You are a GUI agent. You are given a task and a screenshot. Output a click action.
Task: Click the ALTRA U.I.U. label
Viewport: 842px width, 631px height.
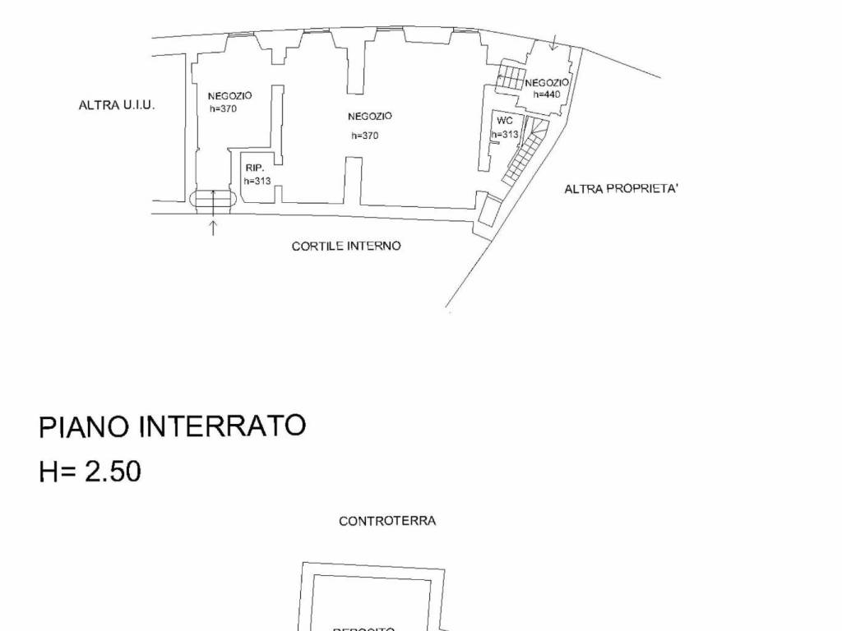click(117, 105)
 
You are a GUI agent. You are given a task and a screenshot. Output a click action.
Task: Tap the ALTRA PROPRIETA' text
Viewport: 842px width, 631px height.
click(621, 189)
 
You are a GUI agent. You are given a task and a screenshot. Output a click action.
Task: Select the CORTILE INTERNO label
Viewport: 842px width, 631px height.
click(346, 246)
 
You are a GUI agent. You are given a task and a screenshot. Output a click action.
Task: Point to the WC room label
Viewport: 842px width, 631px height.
click(504, 121)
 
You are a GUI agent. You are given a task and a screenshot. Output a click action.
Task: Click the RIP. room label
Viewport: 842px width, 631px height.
click(254, 168)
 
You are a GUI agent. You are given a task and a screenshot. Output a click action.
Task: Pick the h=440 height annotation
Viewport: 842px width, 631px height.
click(547, 94)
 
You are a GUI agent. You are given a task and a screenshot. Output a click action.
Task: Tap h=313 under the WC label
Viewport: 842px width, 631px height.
click(505, 134)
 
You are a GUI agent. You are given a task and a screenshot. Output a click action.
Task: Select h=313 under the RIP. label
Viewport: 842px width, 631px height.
click(257, 181)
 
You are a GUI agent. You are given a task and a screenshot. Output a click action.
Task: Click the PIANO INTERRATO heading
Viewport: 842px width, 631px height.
click(173, 426)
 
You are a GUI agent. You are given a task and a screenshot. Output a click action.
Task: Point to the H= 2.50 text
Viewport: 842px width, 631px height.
click(90, 472)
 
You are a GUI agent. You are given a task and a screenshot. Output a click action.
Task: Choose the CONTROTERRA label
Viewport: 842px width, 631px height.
click(387, 521)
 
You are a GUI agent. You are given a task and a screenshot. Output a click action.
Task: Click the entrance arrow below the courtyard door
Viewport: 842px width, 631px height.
click(213, 228)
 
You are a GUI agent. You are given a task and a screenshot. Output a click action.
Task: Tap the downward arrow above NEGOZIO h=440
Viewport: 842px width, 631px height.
click(553, 43)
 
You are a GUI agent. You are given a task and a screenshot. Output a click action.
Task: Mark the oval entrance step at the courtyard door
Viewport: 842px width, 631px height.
click(213, 199)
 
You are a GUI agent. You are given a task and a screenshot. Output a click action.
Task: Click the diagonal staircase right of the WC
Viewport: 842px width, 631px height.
click(525, 151)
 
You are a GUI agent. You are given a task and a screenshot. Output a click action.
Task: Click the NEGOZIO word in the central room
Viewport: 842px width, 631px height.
click(370, 116)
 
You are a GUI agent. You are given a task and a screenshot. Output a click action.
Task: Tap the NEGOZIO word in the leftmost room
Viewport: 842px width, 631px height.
click(230, 95)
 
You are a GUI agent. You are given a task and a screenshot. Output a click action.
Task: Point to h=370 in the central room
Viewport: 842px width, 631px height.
click(364, 136)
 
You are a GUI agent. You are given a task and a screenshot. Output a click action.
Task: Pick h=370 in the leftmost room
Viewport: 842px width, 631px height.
click(223, 108)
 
